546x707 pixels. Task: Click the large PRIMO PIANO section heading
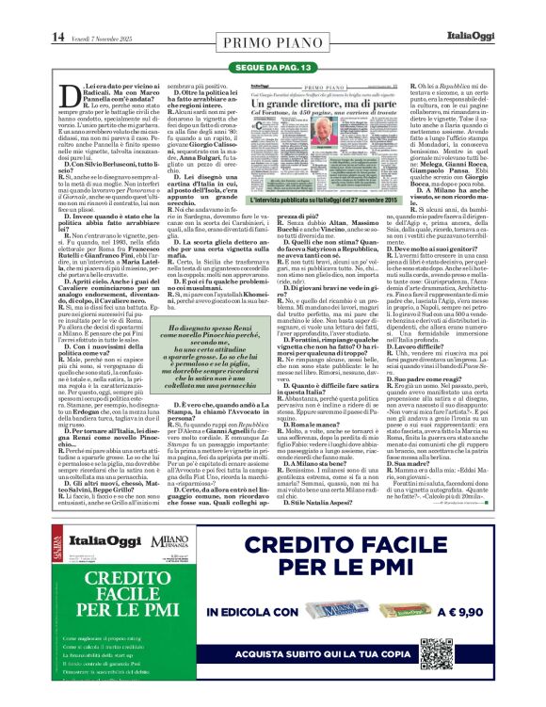point(273,42)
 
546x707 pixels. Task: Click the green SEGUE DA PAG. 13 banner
point(273,68)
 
